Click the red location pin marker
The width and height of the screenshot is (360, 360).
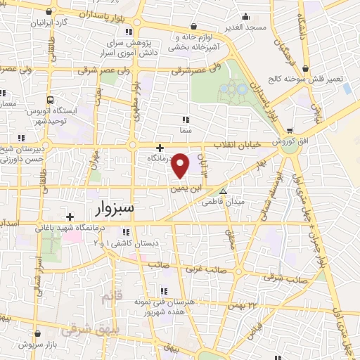181,165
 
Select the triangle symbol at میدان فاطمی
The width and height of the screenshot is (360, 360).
224,191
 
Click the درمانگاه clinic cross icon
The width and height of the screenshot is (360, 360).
161,148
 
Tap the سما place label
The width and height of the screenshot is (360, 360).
186,131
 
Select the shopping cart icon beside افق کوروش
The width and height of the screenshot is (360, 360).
290,131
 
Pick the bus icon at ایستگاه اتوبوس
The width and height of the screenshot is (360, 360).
50,101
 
